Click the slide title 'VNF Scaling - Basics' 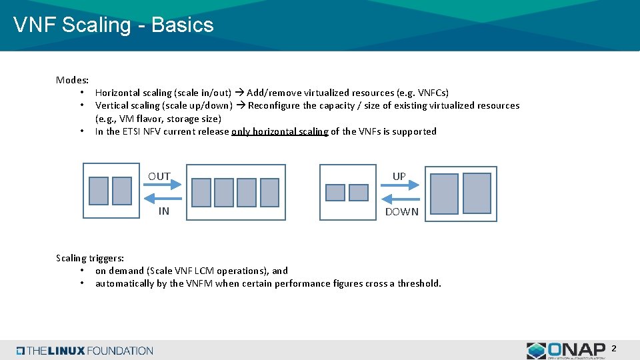pyautogui.click(x=113, y=25)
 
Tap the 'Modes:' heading pyautogui.click(x=73, y=80)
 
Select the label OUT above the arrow pyautogui.click(x=159, y=177)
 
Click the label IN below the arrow pyautogui.click(x=163, y=211)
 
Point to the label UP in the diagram pyautogui.click(x=399, y=177)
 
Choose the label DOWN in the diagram pyautogui.click(x=401, y=212)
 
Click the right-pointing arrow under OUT pyautogui.click(x=163, y=188)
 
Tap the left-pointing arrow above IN pyautogui.click(x=163, y=199)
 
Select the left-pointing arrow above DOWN pyautogui.click(x=399, y=199)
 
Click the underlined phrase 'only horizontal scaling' pyautogui.click(x=279, y=132)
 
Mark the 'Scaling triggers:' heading pyautogui.click(x=90, y=258)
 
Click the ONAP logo pyautogui.click(x=566, y=350)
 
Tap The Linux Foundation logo pyautogui.click(x=85, y=351)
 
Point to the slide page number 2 pyautogui.click(x=614, y=349)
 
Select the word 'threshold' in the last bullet pyautogui.click(x=419, y=284)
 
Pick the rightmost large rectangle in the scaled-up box pyautogui.click(x=477, y=192)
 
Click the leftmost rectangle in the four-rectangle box pyautogui.click(x=201, y=192)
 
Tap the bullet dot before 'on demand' pyautogui.click(x=81, y=271)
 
